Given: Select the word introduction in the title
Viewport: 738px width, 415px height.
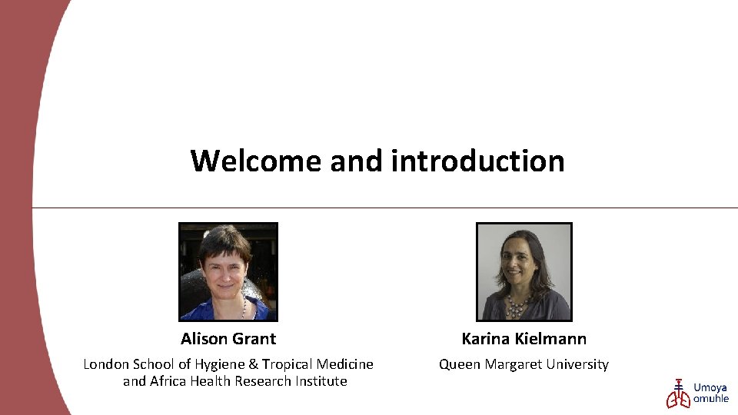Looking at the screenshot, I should coord(477,161).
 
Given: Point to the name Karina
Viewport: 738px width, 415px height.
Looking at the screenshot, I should coord(485,339).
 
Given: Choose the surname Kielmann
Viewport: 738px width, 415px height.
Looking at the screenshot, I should coord(550,339).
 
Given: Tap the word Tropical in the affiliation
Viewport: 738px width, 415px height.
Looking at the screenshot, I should coord(288,364).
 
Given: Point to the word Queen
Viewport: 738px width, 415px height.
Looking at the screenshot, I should coord(460,364).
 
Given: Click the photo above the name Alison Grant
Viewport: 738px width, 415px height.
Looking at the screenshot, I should coord(228,271).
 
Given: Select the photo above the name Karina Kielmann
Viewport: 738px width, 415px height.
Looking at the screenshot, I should coord(524,271).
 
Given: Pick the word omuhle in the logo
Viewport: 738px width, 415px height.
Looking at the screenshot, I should coord(711,399).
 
